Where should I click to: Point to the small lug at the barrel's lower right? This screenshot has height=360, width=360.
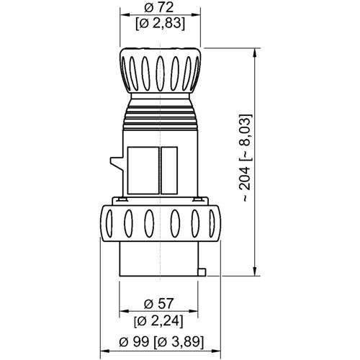(202, 271)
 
